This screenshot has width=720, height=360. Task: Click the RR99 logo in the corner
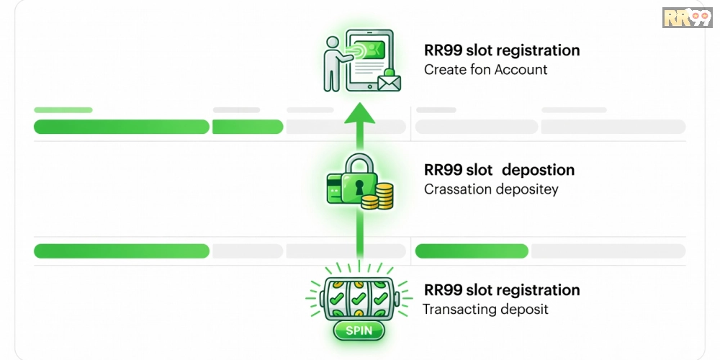[x=687, y=17]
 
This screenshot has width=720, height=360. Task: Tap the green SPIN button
[x=359, y=330]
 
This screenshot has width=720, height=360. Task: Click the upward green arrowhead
[x=359, y=114]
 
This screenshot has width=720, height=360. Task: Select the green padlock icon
[x=359, y=179]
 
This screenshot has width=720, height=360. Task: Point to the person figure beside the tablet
[x=334, y=64]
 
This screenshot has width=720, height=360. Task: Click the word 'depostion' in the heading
[x=538, y=170]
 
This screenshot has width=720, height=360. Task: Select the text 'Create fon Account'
[x=486, y=70]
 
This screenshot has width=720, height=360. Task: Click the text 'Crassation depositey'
[x=491, y=189]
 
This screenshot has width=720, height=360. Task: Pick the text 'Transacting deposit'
[x=485, y=309]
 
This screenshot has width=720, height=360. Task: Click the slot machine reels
[x=359, y=298]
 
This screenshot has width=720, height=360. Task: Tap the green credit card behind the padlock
[x=333, y=188]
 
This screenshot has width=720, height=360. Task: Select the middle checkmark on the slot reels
[x=359, y=299]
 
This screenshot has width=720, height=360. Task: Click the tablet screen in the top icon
[x=370, y=59]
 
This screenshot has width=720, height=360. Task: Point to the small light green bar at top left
[x=63, y=110]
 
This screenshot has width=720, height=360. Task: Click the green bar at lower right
[x=472, y=251]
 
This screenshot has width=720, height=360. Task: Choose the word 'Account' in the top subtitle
[x=521, y=70]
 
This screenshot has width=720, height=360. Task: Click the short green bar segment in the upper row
[x=248, y=127]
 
